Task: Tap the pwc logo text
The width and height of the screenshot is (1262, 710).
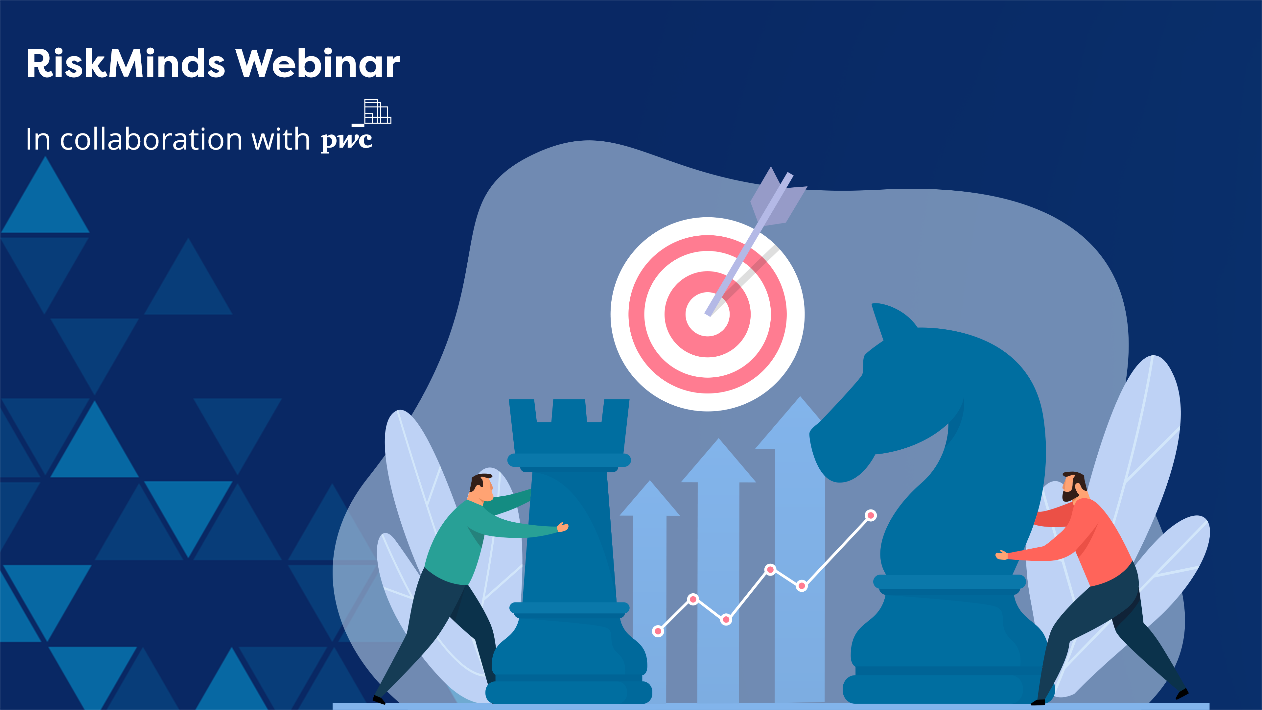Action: (346, 141)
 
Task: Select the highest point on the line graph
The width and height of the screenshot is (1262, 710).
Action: (871, 515)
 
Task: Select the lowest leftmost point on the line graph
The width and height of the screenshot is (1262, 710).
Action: (658, 631)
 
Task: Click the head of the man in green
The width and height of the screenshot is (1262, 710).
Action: (481, 487)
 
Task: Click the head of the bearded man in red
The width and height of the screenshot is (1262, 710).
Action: (1074, 485)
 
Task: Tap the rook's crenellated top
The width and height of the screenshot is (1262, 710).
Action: (569, 414)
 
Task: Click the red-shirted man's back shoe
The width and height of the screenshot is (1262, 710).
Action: (1182, 693)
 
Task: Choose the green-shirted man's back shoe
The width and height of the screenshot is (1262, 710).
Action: (379, 700)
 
